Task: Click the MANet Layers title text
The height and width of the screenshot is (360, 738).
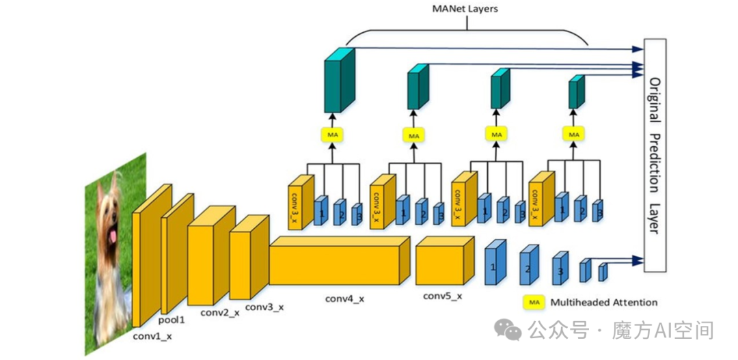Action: click(465, 8)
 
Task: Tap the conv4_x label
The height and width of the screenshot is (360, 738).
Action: click(344, 299)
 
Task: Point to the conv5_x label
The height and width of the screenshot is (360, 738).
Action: click(443, 296)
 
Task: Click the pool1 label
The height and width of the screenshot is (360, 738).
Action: click(172, 319)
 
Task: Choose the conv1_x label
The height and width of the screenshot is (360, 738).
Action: click(152, 336)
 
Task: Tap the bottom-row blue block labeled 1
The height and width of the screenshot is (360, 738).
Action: click(495, 262)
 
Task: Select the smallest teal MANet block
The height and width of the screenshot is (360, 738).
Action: click(576, 93)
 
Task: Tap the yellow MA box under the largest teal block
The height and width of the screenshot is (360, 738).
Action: click(332, 135)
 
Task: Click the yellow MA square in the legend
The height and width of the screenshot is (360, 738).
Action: click(533, 302)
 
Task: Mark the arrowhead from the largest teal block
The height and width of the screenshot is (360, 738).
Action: click(639, 49)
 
